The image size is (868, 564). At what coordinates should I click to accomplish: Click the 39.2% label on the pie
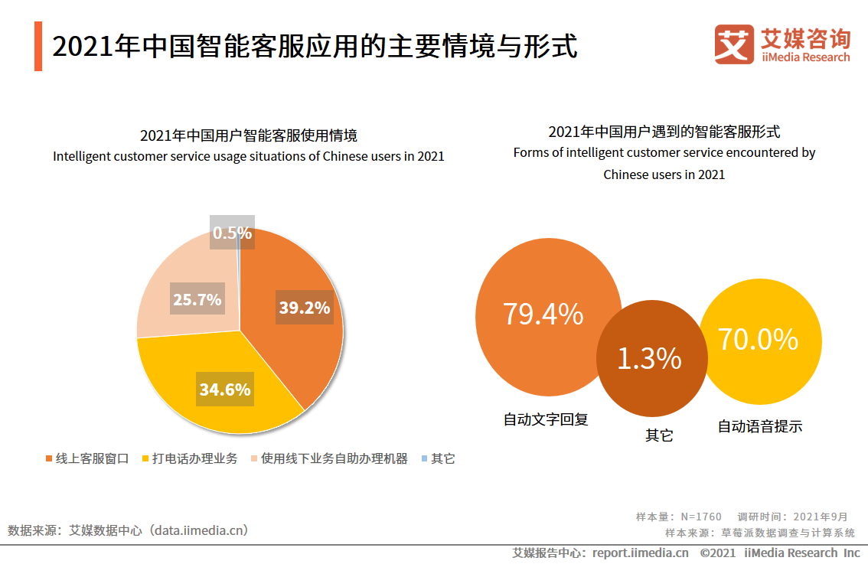pos(304,308)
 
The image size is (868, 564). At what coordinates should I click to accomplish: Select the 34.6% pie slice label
pos(225,390)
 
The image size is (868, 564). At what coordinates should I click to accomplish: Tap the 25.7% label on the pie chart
pos(197,299)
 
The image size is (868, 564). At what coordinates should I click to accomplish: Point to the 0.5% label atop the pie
pos(232,233)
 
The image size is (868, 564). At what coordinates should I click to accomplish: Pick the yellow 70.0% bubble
pos(758,340)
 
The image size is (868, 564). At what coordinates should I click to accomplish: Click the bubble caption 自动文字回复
pos(545,419)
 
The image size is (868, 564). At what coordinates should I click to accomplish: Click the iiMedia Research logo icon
pos(733,44)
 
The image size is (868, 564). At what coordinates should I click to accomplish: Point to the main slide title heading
pos(315,46)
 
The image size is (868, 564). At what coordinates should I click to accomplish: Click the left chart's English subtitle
pos(248,156)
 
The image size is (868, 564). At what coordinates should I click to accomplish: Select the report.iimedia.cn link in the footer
pos(640,553)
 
